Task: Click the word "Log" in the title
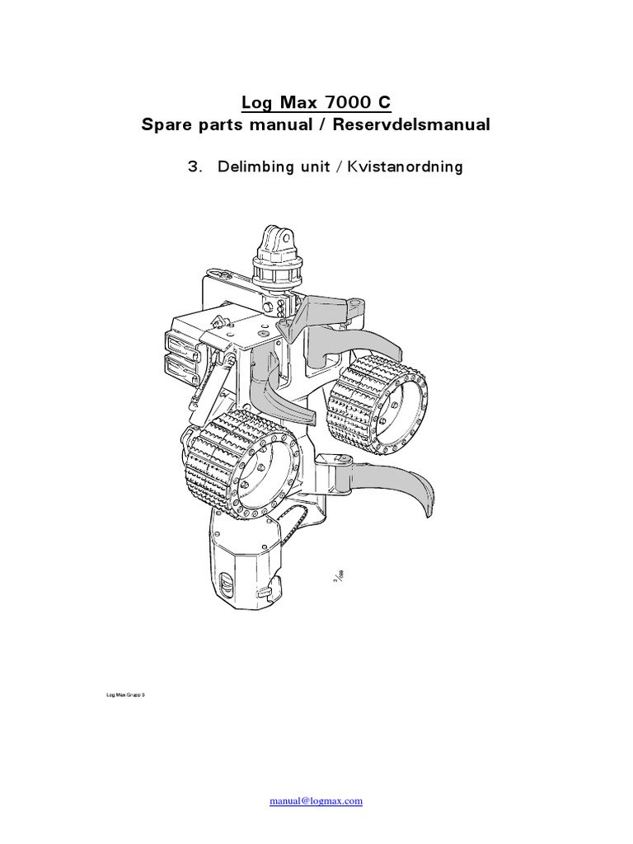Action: pos(256,103)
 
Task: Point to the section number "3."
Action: pos(195,167)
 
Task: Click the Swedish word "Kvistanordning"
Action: pos(405,167)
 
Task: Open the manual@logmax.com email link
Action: pos(316,801)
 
